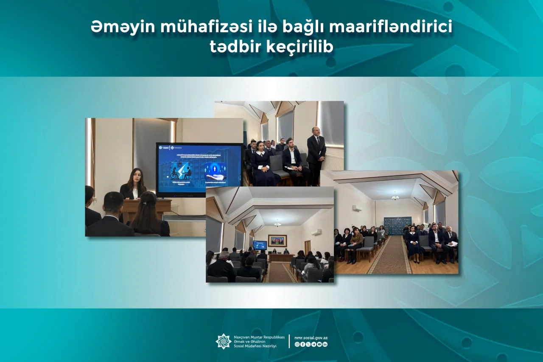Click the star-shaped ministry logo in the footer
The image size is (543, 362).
(224, 341)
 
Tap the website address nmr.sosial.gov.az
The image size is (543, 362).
(311, 338)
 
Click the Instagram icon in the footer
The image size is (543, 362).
(297, 345)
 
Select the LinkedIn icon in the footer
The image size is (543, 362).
(325, 345)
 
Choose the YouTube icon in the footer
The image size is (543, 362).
(319, 345)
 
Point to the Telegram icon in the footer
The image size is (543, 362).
(314, 345)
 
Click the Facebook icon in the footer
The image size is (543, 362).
(302, 345)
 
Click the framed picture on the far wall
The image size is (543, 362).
(277, 240)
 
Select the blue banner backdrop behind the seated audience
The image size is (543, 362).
(397, 225)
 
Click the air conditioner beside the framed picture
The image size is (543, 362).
(317, 232)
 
